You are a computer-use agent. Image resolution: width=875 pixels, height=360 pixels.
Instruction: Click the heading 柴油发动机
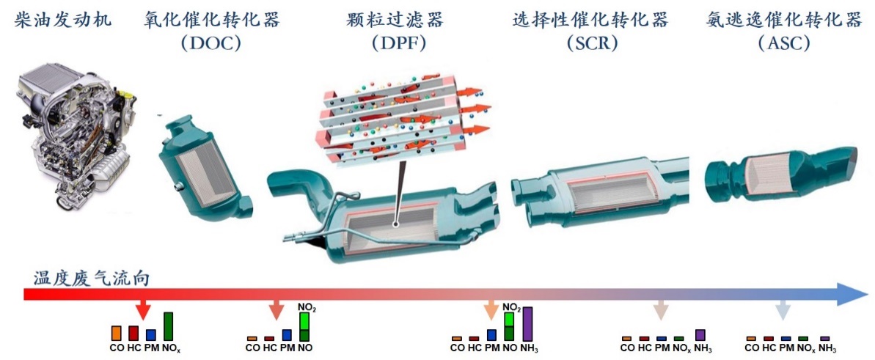64,20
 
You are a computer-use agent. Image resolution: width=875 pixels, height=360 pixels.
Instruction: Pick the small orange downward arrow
491,309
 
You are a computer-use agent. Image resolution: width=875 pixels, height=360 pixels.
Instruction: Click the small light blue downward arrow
783,309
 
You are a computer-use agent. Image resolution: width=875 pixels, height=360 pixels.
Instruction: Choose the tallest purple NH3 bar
527,323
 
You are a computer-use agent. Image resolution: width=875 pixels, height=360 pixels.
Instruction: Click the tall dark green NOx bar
168,326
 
